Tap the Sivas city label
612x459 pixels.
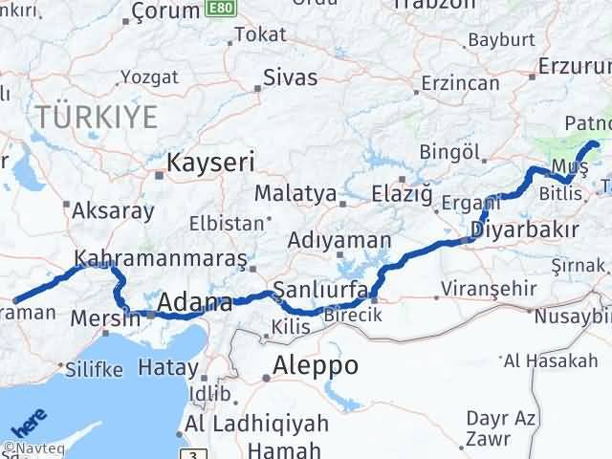290,77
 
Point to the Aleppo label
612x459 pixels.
315,365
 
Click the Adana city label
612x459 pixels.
194,304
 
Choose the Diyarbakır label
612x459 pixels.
525,229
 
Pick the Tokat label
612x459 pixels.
259,34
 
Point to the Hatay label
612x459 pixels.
168,365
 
